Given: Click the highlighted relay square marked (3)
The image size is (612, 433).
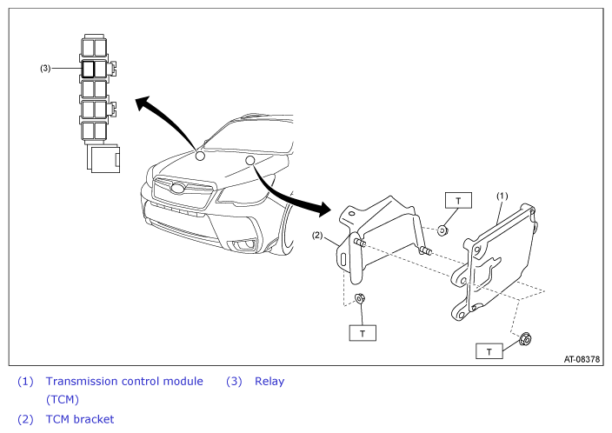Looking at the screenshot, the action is [x=88, y=69].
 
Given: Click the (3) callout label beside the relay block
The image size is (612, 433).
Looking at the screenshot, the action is [x=45, y=69].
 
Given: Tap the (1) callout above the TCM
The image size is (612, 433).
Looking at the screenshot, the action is [x=502, y=196].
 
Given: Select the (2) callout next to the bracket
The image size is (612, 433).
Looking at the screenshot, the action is [x=317, y=236].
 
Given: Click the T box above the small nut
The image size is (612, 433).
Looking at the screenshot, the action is [x=458, y=200].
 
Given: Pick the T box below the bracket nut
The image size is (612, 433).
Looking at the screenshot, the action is [x=363, y=333].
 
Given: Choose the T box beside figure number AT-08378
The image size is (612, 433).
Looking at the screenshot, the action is [x=489, y=351].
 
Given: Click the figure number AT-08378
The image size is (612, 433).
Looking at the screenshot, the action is [x=582, y=359].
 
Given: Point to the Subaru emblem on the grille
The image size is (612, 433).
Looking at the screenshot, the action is [x=178, y=188].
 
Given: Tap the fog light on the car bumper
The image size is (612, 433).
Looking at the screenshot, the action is [x=244, y=245].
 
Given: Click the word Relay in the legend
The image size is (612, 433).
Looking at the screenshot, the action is [x=269, y=381].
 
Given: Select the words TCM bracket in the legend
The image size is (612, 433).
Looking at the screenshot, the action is [x=80, y=419].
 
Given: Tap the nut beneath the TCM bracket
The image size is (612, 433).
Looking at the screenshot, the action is [x=360, y=299].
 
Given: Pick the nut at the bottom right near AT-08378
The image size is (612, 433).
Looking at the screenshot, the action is [x=526, y=338].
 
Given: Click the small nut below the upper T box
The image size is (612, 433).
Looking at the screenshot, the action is [x=442, y=230].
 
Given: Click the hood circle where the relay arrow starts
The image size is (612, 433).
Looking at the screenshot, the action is [x=200, y=156].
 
